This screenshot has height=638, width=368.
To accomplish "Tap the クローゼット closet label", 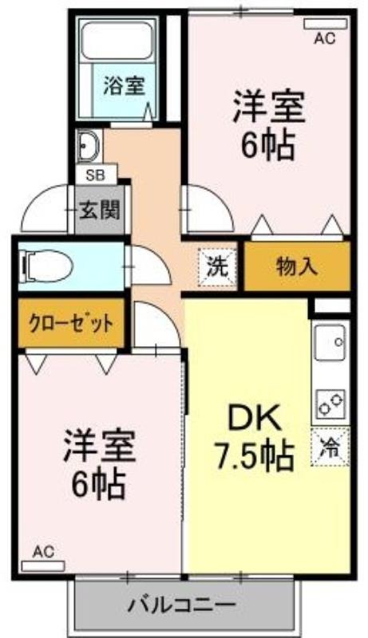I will point(70,324).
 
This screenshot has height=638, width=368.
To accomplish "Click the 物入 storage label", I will point(297,266).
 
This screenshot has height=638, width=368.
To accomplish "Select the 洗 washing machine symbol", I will point(217,266).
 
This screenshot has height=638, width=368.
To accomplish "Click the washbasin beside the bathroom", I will point(89,144).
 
